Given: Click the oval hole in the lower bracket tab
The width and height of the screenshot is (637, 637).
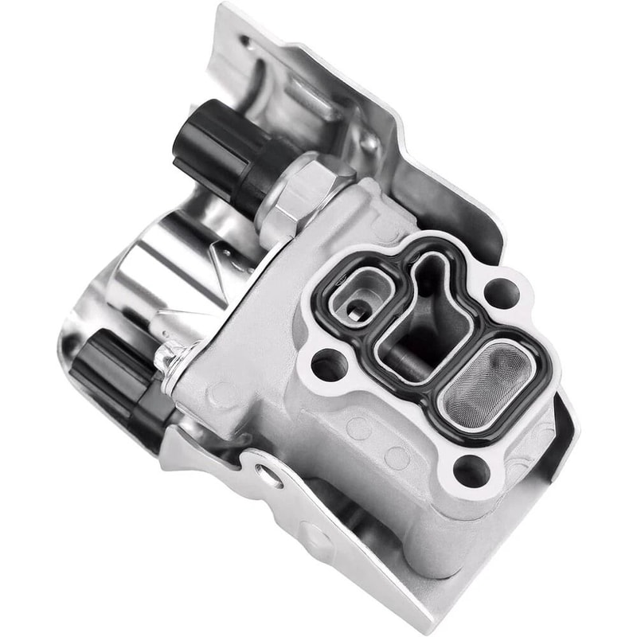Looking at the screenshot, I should (x=271, y=478).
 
